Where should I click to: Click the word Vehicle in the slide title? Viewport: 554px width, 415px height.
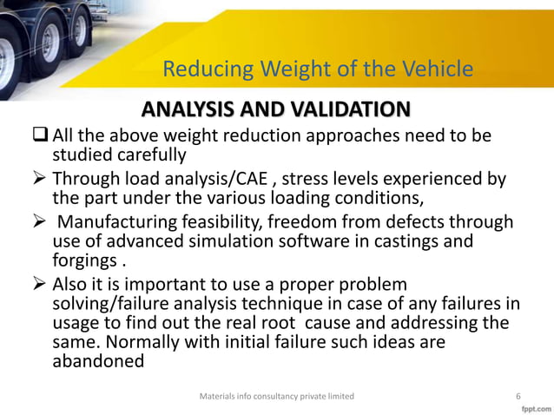439,69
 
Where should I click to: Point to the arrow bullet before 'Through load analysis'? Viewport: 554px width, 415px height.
40,180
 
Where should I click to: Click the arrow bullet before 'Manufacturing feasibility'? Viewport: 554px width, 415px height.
40,224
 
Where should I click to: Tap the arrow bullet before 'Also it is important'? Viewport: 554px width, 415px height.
40,287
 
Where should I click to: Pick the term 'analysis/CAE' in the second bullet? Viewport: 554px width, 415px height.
215,180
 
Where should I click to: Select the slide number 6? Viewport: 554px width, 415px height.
518,396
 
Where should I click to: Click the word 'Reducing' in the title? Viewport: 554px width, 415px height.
202,69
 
